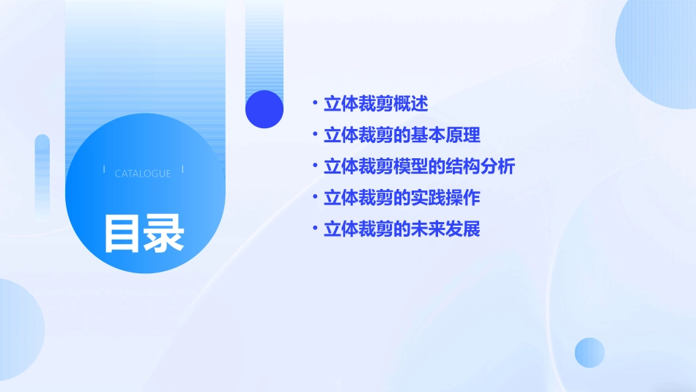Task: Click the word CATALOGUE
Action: tap(143, 174)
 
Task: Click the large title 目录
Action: tap(144, 232)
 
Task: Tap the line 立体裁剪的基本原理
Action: tap(401, 135)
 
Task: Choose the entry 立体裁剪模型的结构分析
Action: tap(419, 166)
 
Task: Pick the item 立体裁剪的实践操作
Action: tap(401, 198)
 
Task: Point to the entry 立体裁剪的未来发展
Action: tap(401, 229)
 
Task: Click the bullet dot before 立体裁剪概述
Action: tap(314, 103)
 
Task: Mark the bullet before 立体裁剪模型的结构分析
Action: tap(314, 166)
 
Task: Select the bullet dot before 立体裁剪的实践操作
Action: tap(314, 197)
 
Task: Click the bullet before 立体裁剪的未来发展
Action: tap(314, 229)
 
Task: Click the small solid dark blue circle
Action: tap(264, 109)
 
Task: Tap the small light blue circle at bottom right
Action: tap(590, 352)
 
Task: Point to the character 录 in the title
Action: tap(164, 232)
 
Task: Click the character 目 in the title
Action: tap(122, 232)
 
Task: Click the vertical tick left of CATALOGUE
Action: tap(104, 169)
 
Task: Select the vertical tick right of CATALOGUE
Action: tap(182, 169)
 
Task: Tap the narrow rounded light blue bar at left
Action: tap(42, 176)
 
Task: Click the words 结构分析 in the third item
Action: tap(480, 166)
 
